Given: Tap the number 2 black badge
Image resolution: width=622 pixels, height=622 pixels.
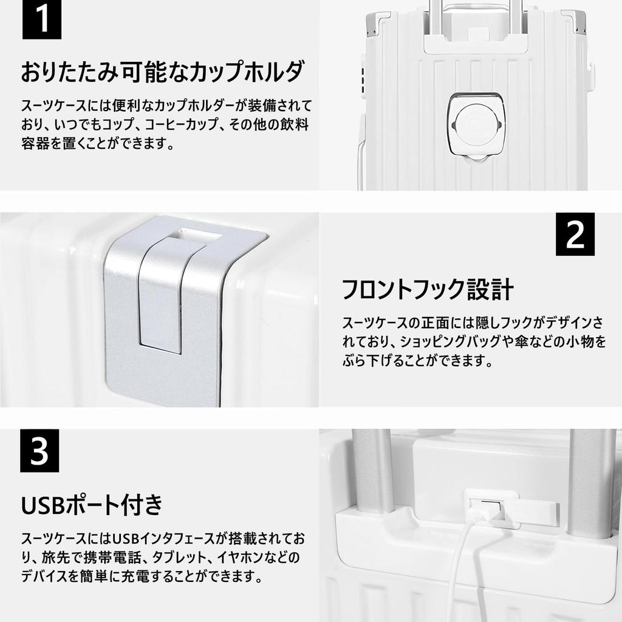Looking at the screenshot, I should [x=575, y=235].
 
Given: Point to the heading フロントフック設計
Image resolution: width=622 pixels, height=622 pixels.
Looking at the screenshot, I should [x=428, y=289].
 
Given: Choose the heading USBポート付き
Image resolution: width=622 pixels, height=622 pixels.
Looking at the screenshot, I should [x=92, y=504].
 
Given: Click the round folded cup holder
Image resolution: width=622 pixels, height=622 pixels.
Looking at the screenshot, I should [x=476, y=123].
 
